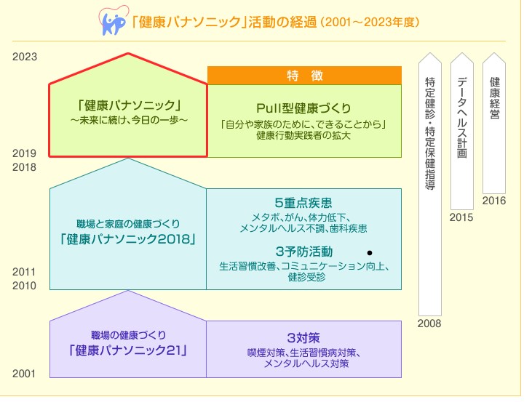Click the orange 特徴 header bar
pyautogui.click(x=304, y=76)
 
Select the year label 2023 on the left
pyautogui.click(x=25, y=56)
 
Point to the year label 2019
pyautogui.click(x=25, y=153)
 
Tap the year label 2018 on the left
pyautogui.click(x=25, y=166)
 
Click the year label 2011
pyautogui.click(x=25, y=272)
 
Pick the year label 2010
pyautogui.click(x=25, y=286)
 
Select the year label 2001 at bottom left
pyautogui.click(x=25, y=374)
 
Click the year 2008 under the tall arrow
pyautogui.click(x=429, y=323)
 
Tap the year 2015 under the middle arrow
pyautogui.click(x=461, y=217)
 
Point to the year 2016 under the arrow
pyautogui.click(x=494, y=201)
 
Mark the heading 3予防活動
pyautogui.click(x=304, y=252)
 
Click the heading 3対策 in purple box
pyautogui.click(x=304, y=338)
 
